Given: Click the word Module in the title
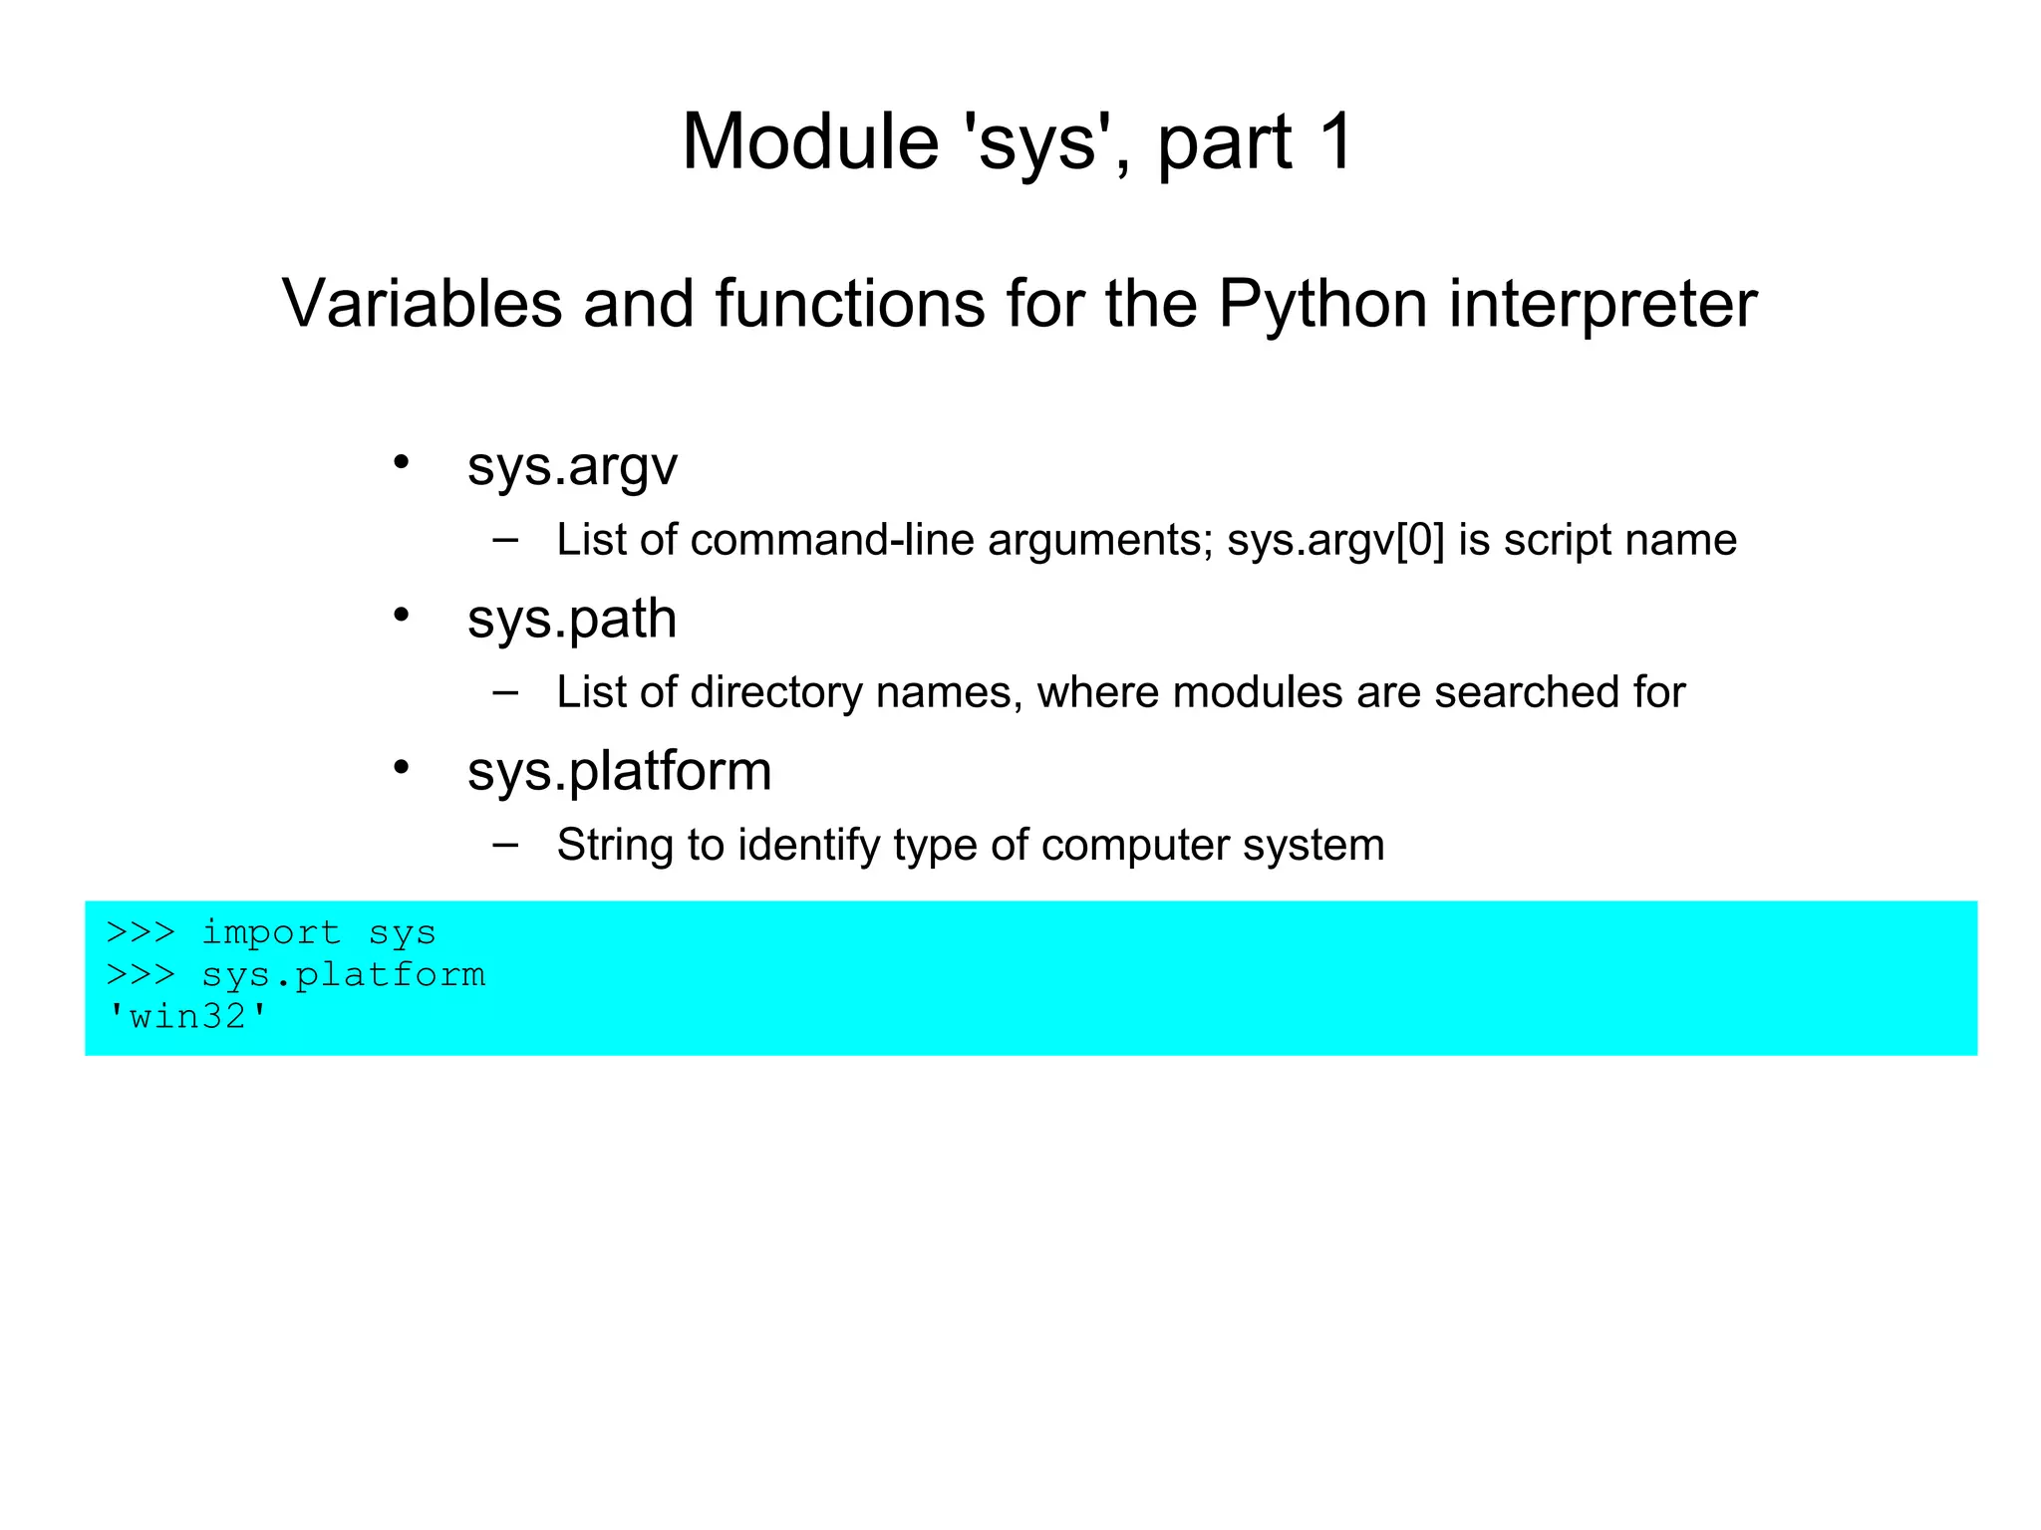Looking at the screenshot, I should click(x=809, y=141).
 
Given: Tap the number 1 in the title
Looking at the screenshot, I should click(x=1335, y=141).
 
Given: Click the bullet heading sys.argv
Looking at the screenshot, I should click(x=572, y=466).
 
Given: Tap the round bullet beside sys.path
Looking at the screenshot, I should click(x=401, y=615).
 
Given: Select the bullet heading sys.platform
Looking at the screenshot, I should click(x=619, y=772).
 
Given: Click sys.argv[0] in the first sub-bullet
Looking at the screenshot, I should click(x=1335, y=541).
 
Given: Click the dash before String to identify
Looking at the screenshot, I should click(x=505, y=844).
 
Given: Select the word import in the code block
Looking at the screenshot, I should click(x=271, y=932).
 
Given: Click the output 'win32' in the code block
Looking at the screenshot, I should click(x=187, y=1016).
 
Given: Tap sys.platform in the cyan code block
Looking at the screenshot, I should click(x=343, y=974).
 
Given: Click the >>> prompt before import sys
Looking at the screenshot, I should click(x=141, y=932).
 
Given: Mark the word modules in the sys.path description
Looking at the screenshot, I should click(x=1258, y=692).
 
